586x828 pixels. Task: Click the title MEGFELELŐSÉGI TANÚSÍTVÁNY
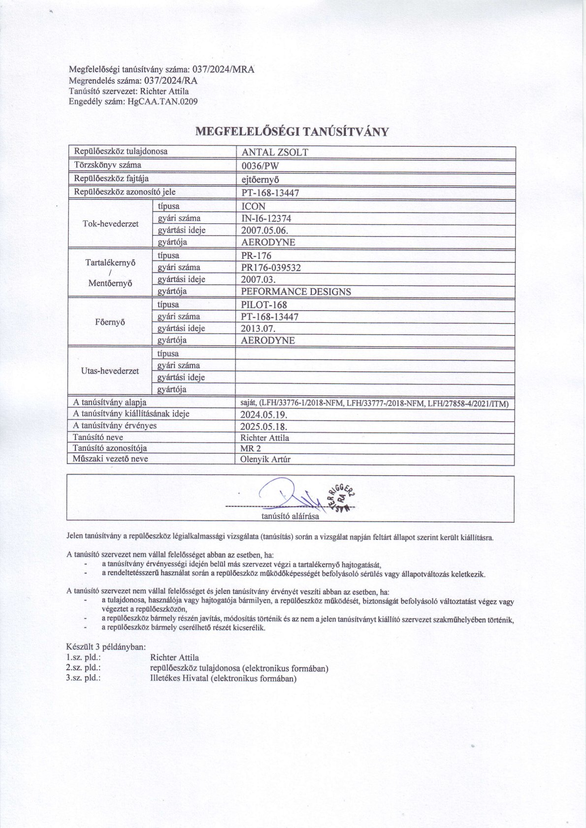click(293, 131)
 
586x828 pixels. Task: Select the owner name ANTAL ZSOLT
click(275, 153)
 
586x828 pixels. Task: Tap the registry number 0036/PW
click(260, 166)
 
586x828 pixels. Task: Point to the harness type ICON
click(253, 207)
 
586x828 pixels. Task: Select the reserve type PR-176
click(256, 256)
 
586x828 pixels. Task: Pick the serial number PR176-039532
click(271, 268)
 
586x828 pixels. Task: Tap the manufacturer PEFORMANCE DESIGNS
click(296, 292)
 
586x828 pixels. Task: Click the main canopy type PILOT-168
click(264, 305)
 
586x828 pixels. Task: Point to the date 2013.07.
click(258, 329)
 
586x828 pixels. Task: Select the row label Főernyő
click(110, 322)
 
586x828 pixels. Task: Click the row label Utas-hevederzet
click(110, 371)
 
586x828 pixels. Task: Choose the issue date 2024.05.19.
click(263, 415)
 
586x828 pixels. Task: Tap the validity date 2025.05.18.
click(263, 427)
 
